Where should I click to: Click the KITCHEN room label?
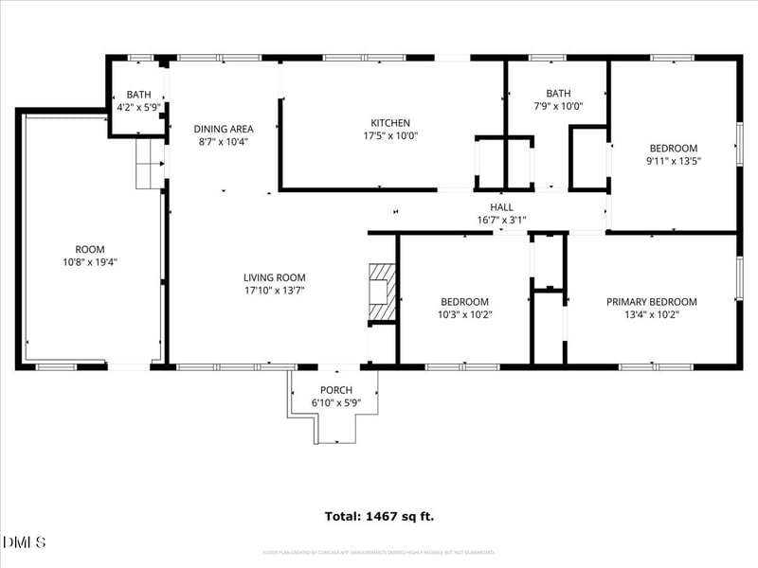click(389, 123)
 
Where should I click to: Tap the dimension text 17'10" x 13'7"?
click(275, 290)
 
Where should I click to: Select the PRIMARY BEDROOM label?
click(651, 302)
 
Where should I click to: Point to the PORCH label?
click(336, 390)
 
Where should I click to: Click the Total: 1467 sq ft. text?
click(379, 516)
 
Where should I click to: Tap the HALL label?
click(501, 207)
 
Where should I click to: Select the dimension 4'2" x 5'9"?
click(139, 107)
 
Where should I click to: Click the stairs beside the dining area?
click(150, 165)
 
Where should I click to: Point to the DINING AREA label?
click(224, 129)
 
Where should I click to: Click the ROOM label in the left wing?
click(90, 250)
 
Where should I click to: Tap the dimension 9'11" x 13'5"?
click(674, 161)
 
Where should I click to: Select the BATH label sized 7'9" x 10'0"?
click(558, 94)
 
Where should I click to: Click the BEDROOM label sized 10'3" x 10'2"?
click(463, 302)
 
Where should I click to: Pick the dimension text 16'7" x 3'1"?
click(501, 220)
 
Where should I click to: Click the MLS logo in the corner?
click(24, 541)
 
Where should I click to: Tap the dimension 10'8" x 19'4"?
click(90, 262)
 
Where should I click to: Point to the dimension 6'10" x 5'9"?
click(336, 402)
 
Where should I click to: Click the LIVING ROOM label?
click(275, 277)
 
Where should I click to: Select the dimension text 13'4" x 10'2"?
click(651, 314)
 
